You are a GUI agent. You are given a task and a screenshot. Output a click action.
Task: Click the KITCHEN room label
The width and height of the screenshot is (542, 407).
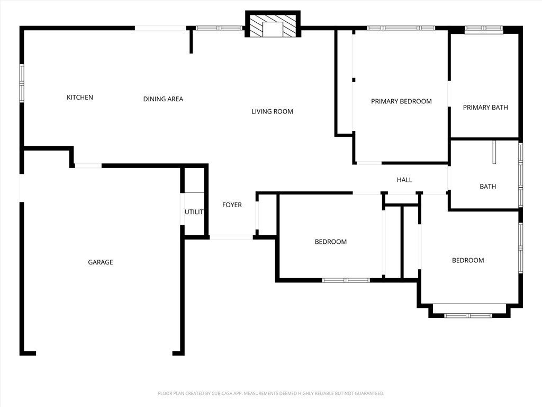tap(80, 98)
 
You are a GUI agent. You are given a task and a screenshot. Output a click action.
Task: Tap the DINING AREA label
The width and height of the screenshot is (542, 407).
tap(163, 99)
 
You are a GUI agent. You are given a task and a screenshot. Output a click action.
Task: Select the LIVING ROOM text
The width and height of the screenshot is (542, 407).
tap(272, 111)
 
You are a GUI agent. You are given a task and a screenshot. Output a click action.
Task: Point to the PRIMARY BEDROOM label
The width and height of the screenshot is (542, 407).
tap(401, 101)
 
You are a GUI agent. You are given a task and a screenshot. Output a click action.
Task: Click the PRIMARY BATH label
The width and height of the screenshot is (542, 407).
tap(485, 108)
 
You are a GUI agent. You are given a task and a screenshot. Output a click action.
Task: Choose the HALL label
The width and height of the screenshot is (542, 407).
tap(404, 180)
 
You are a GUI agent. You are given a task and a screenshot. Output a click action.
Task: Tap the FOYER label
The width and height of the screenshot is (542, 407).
tap(232, 205)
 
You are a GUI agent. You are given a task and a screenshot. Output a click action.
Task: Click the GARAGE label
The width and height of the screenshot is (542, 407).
tap(101, 262)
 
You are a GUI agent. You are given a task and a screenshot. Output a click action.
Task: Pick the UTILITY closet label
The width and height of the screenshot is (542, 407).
tap(194, 212)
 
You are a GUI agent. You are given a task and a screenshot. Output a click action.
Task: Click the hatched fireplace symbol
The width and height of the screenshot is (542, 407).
tap(273, 24)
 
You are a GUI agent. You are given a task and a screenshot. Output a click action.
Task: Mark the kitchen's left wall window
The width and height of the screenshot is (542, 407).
tap(22, 83)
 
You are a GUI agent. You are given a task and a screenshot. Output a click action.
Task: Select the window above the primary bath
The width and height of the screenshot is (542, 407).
tap(484, 29)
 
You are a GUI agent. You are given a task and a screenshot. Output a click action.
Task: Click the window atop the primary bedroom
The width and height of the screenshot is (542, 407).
tap(401, 28)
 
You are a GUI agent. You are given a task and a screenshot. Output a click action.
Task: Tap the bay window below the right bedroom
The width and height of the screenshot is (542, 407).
tap(468, 315)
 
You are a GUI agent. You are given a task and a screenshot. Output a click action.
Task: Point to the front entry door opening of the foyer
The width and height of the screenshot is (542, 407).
tap(231, 237)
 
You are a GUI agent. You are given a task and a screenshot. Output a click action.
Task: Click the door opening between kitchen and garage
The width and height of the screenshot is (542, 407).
tap(88, 166)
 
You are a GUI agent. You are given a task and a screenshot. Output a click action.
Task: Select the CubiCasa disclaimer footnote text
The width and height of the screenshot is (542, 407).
tap(271, 394)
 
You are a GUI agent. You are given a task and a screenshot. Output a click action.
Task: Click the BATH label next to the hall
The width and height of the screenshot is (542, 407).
tap(487, 187)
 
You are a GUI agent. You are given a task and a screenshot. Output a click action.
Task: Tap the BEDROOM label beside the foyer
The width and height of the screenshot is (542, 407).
tap(331, 242)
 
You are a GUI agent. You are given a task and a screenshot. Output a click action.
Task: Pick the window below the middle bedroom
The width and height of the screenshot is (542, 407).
tap(346, 280)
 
